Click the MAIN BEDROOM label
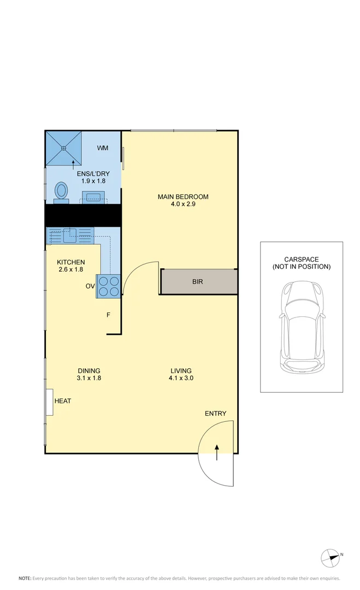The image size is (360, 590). (183, 197)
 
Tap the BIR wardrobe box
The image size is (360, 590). (198, 282)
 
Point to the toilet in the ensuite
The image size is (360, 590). (61, 192)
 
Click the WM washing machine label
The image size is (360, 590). (103, 148)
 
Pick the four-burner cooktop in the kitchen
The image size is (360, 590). (108, 286)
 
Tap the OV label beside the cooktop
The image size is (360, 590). (90, 286)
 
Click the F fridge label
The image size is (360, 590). (108, 315)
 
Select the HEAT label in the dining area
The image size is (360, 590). (63, 401)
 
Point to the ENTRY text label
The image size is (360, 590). (215, 414)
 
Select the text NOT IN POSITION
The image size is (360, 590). (302, 267)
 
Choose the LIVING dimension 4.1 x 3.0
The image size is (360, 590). (181, 378)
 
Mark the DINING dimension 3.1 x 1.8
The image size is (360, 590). (89, 378)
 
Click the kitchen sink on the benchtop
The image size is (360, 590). (69, 235)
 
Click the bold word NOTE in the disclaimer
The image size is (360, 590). (25, 578)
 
